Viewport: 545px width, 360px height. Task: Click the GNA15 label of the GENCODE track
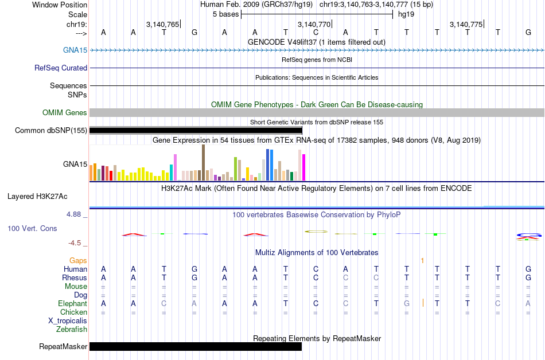(75, 50)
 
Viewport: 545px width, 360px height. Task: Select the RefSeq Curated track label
(61, 68)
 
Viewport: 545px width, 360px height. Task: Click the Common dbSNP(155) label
(51, 130)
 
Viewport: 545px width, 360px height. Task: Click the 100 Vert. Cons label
(32, 228)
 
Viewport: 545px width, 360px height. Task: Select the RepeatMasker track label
(63, 346)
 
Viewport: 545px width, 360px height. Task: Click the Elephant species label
(72, 303)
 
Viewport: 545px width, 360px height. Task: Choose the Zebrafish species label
(72, 329)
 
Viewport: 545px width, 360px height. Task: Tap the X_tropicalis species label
(68, 320)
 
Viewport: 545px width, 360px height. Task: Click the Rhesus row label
(75, 277)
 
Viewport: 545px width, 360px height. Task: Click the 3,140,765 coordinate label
(162, 24)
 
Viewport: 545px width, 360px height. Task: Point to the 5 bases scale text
(224, 14)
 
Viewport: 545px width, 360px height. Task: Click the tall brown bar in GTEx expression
(203, 163)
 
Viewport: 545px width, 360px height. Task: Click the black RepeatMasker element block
(195, 346)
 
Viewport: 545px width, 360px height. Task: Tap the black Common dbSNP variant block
(195, 130)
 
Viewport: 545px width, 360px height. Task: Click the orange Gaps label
(78, 260)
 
